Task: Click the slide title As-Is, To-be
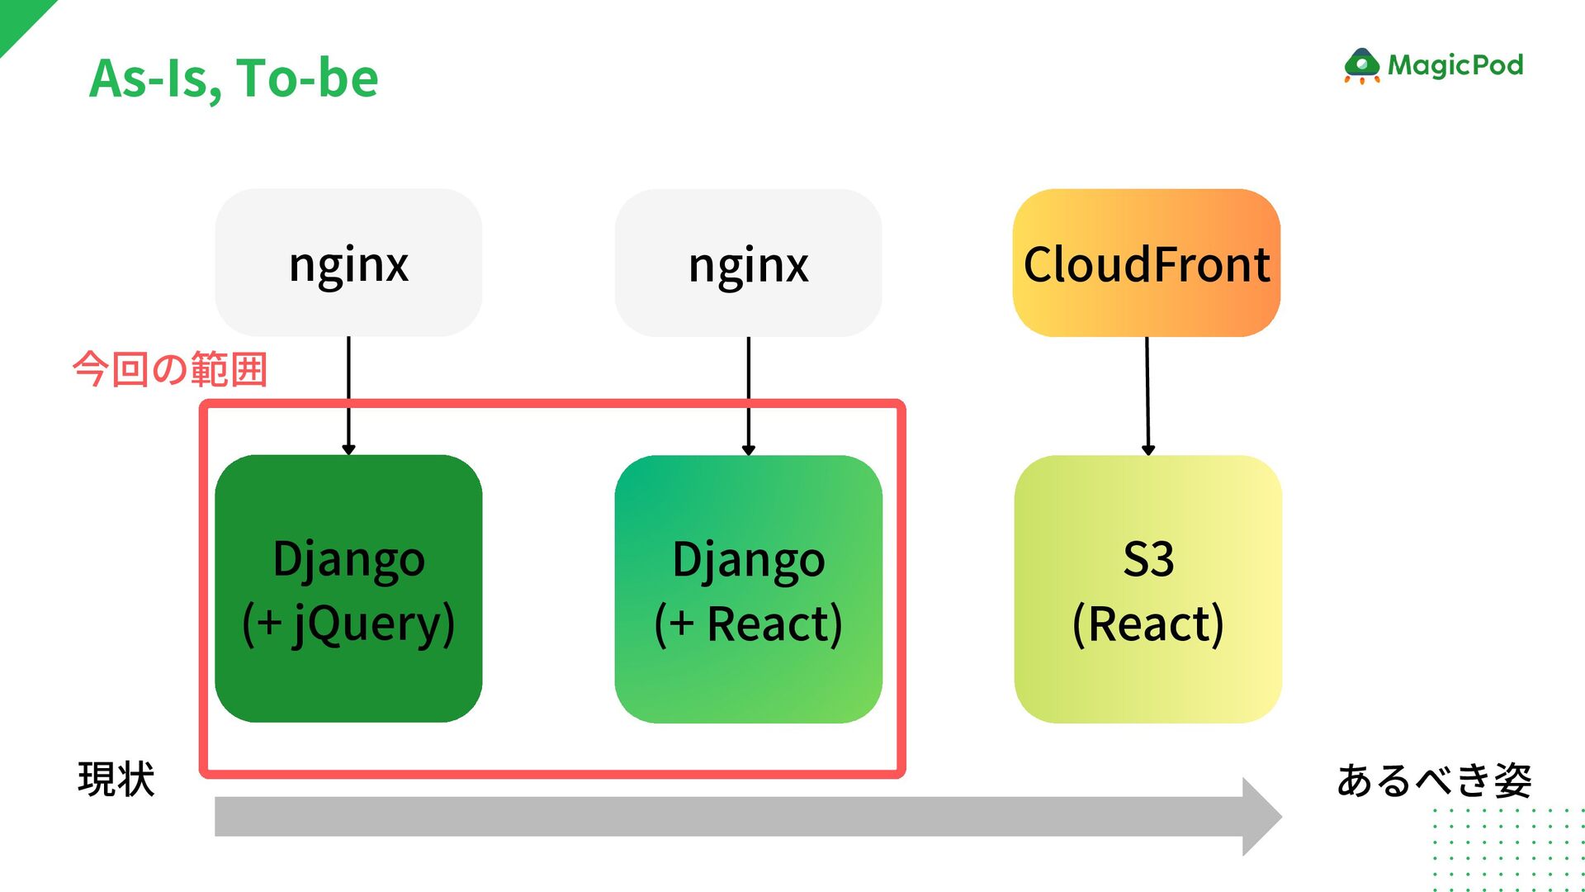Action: coord(234,78)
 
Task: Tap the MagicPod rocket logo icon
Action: coord(1361,66)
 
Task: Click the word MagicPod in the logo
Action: coord(1455,65)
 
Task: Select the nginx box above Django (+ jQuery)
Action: coord(348,263)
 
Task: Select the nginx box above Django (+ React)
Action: coord(748,263)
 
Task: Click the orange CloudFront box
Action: coord(1147,263)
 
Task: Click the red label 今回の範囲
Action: coord(170,369)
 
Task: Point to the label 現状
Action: coord(116,779)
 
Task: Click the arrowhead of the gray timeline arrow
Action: coord(1261,817)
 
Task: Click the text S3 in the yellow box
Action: coord(1148,559)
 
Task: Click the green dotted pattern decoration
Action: coord(1507,851)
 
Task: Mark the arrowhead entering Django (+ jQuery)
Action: coord(348,449)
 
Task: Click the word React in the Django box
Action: coord(773,624)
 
